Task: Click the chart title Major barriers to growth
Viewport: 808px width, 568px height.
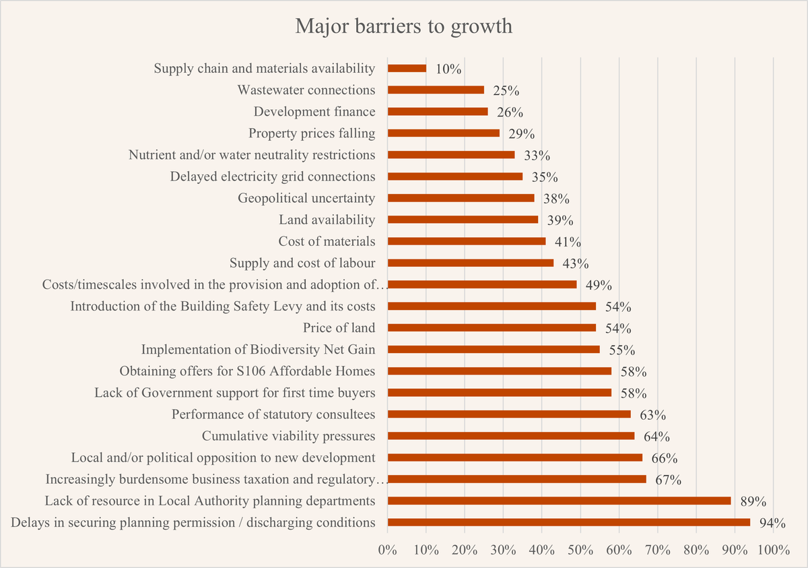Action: tap(404, 27)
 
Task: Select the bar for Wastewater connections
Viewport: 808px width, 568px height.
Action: tap(436, 90)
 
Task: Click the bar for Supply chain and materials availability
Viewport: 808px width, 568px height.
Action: tap(407, 68)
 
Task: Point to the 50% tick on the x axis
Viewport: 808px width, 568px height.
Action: tap(580, 550)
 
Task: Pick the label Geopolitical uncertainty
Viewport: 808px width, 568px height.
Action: tap(306, 198)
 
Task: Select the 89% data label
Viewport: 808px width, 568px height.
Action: tap(754, 501)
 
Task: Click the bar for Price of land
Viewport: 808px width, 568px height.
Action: tap(492, 328)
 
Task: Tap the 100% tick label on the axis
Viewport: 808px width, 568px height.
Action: tap(773, 550)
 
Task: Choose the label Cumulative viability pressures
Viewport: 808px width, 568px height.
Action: tap(288, 436)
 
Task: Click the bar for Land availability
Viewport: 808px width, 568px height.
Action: tap(463, 220)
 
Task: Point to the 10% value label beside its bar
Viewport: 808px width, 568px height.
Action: tap(448, 69)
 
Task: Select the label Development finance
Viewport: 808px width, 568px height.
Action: tap(314, 112)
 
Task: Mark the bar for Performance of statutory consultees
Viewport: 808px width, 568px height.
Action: tap(509, 414)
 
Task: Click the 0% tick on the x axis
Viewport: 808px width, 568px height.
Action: tap(388, 550)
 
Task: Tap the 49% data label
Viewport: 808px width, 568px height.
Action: tap(599, 285)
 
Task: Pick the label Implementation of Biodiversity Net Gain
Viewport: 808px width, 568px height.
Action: tap(258, 350)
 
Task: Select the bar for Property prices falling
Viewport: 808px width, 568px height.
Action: tap(444, 133)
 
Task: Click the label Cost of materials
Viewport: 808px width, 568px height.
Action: tap(327, 241)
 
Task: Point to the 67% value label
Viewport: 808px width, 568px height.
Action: tap(669, 480)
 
